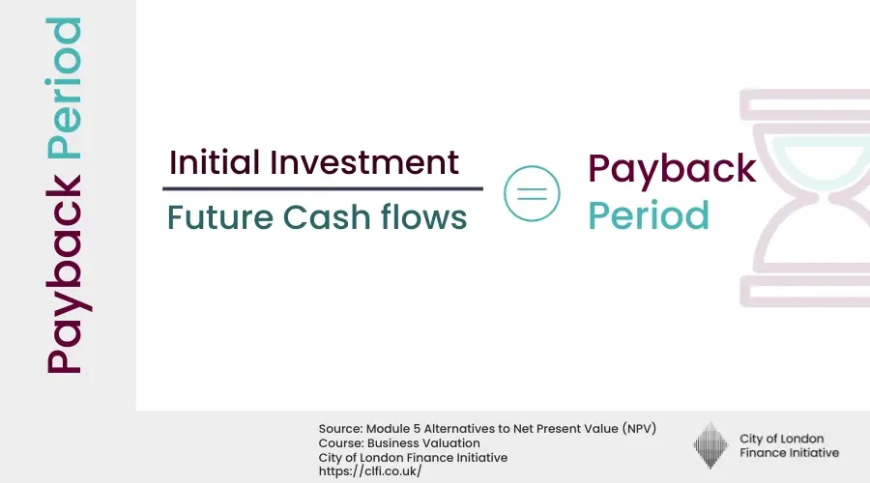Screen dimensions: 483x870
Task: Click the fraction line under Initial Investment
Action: click(x=322, y=188)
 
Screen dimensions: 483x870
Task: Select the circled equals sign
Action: click(x=532, y=191)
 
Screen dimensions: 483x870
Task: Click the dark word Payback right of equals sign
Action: click(x=672, y=170)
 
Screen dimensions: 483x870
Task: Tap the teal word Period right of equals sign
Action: click(x=649, y=214)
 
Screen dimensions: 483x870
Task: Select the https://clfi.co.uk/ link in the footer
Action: click(x=370, y=471)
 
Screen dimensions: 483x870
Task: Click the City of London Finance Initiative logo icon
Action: click(x=710, y=445)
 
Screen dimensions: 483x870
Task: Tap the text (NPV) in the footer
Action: click(x=637, y=429)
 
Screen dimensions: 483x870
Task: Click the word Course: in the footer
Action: click(x=339, y=443)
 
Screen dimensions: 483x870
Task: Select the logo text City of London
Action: click(x=781, y=439)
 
